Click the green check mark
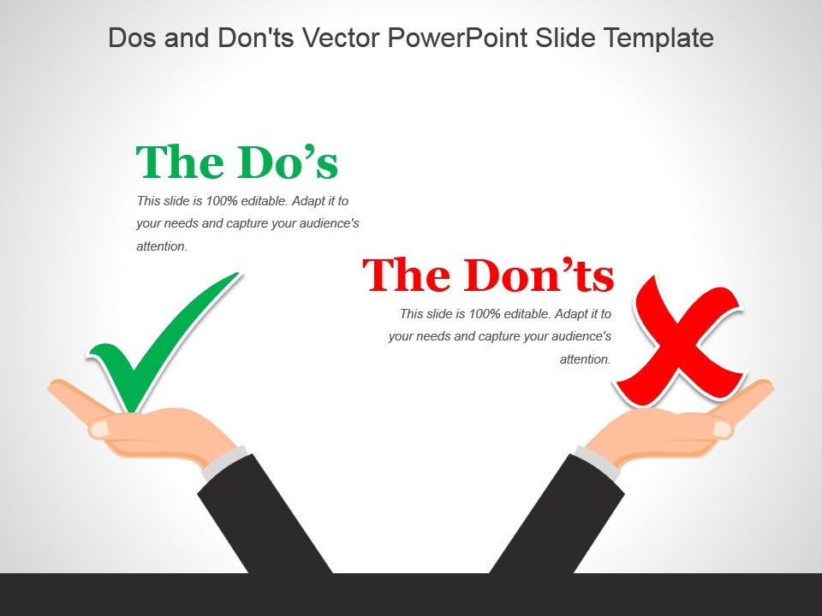146,359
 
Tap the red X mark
681,342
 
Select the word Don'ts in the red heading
539,275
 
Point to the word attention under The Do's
161,246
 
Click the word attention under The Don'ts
585,359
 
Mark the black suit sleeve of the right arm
557,522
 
